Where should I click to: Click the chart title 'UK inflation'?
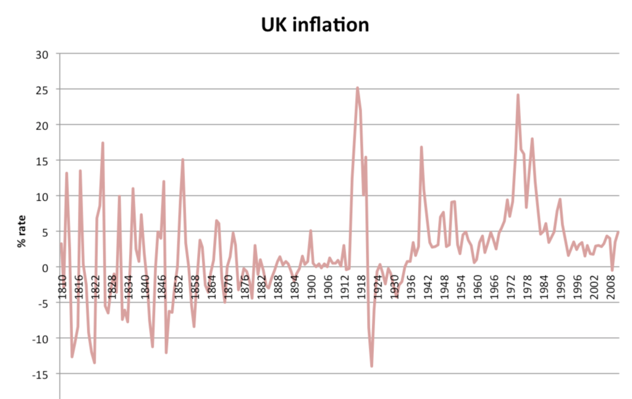[x=316, y=24]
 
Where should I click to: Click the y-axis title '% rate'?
[x=23, y=231]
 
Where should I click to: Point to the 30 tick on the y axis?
[x=41, y=54]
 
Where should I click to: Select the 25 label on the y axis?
[x=41, y=90]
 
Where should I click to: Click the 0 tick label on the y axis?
[x=44, y=267]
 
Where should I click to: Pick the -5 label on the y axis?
[x=41, y=303]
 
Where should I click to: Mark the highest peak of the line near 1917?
[x=357, y=88]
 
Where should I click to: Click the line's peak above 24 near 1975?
[x=518, y=95]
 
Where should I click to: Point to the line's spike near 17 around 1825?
[x=103, y=143]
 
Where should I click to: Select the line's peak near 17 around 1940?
[x=421, y=147]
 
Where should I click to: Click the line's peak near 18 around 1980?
[x=532, y=139]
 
